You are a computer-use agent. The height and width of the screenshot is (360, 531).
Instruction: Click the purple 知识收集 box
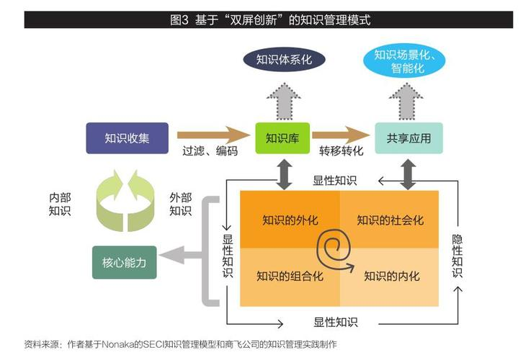pos(127,138)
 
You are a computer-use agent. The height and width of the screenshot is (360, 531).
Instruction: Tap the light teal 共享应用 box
pos(409,138)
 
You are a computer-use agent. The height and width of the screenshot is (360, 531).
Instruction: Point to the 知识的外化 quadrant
pos(290,220)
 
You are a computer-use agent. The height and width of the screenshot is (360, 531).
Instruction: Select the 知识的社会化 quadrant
pos(390,220)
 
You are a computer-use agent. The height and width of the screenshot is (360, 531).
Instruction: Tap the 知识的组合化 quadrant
pos(290,275)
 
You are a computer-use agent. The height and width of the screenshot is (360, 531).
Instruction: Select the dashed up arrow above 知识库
pos(282,99)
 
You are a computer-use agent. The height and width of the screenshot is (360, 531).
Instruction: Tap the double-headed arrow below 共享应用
pos(409,174)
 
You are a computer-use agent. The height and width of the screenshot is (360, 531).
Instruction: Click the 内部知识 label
pos(60,204)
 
